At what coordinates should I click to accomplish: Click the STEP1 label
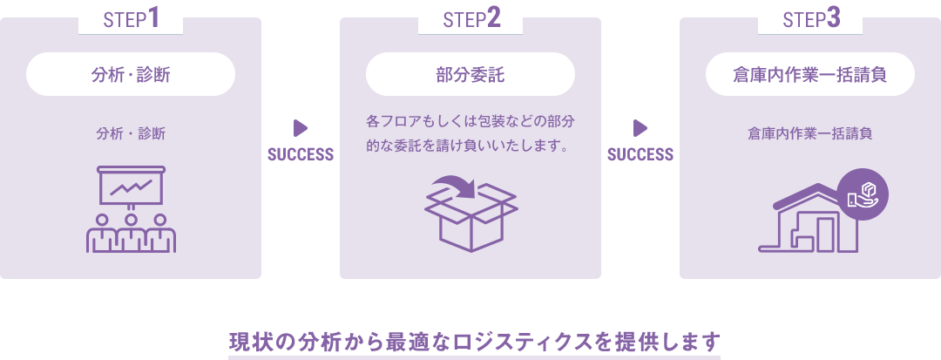click(131, 19)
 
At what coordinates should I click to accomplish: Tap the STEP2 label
click(470, 19)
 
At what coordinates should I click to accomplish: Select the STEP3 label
click(810, 19)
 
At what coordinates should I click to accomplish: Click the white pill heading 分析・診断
click(131, 75)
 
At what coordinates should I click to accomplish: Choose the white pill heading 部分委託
click(470, 75)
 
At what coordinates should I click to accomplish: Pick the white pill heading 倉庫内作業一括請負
click(810, 75)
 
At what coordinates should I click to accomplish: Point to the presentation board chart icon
click(131, 185)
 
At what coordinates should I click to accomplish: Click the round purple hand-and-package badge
click(863, 194)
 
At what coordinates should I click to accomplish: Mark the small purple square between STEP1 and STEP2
click(301, 128)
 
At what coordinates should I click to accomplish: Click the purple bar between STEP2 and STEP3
click(640, 154)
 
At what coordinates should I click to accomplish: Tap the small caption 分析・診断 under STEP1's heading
click(131, 134)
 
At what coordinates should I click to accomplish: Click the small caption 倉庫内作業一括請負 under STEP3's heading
click(810, 134)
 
